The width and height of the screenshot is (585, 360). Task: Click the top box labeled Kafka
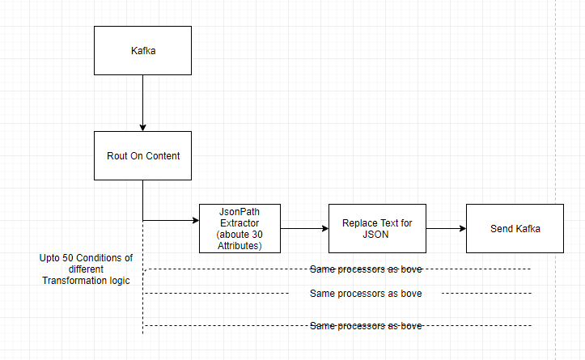tap(143, 50)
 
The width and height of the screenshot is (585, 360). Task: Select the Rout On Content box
tap(143, 155)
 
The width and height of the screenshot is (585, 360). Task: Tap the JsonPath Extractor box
tap(240, 228)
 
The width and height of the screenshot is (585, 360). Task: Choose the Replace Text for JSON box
tap(377, 228)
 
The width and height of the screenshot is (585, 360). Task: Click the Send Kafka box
tap(515, 228)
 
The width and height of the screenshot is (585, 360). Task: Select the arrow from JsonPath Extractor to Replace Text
tap(304, 229)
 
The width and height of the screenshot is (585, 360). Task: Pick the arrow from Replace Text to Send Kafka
tap(446, 229)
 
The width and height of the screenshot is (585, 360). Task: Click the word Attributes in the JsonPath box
tap(240, 244)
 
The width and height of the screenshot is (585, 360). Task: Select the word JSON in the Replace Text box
tap(377, 234)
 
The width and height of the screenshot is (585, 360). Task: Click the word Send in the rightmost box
tap(502, 228)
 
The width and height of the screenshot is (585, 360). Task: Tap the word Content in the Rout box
tap(162, 155)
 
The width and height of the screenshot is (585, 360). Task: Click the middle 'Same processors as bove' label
tap(366, 293)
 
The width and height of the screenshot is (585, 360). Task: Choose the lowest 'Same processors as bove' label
tap(366, 325)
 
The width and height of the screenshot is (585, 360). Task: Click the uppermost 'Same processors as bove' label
tap(366, 269)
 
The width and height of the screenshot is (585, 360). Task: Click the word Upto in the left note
tap(50, 258)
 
